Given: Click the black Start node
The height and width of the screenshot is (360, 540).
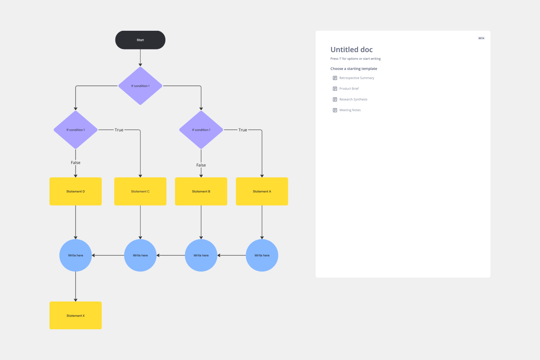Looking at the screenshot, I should (140, 40).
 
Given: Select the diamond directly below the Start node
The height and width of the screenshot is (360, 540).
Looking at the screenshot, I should (140, 86).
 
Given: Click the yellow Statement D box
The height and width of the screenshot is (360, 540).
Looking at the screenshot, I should (75, 191).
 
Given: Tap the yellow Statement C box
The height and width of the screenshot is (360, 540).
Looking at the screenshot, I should (140, 191).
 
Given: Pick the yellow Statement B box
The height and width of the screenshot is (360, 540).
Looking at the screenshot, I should (201, 191).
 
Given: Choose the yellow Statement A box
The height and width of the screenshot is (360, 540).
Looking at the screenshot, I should (262, 191).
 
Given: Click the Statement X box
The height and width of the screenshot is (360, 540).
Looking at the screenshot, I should (75, 315).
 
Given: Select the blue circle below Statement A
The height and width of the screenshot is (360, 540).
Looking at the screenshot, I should (262, 255).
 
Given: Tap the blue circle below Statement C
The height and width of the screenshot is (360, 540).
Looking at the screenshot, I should (140, 255).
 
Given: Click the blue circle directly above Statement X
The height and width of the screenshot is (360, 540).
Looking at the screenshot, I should (75, 255).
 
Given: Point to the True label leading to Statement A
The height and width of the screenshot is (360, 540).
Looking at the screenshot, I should (243, 130).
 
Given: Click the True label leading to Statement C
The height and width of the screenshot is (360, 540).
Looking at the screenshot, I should (119, 130).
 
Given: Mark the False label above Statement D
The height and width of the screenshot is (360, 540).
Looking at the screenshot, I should (75, 163).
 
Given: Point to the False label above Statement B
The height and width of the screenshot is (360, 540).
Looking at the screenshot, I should (201, 165).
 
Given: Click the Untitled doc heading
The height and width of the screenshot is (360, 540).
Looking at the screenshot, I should (351, 49).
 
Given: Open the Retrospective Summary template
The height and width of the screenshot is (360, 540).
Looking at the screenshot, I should (356, 78).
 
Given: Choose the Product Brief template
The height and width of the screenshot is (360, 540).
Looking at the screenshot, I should (349, 89).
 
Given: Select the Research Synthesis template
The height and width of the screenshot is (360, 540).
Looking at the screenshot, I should (353, 99).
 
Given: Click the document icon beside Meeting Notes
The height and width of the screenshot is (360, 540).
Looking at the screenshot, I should (335, 110).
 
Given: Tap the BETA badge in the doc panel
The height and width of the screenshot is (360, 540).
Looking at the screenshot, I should (481, 38).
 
